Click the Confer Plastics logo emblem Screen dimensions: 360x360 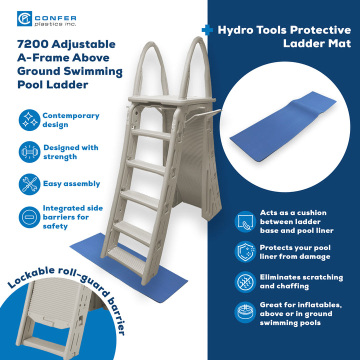click(x=24, y=19)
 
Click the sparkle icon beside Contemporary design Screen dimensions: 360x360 click(x=29, y=120)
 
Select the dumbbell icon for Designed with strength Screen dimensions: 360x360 click(x=29, y=152)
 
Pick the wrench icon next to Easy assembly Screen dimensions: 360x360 click(x=29, y=184)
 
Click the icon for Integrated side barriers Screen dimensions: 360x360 click(x=29, y=217)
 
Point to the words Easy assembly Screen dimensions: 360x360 click(x=71, y=183)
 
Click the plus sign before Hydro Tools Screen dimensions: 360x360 click(x=207, y=30)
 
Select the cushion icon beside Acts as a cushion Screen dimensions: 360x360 click(x=245, y=221)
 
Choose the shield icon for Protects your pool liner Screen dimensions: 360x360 click(x=245, y=252)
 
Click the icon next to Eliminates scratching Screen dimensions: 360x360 click(x=245, y=282)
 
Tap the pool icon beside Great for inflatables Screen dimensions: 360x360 click(x=245, y=313)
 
